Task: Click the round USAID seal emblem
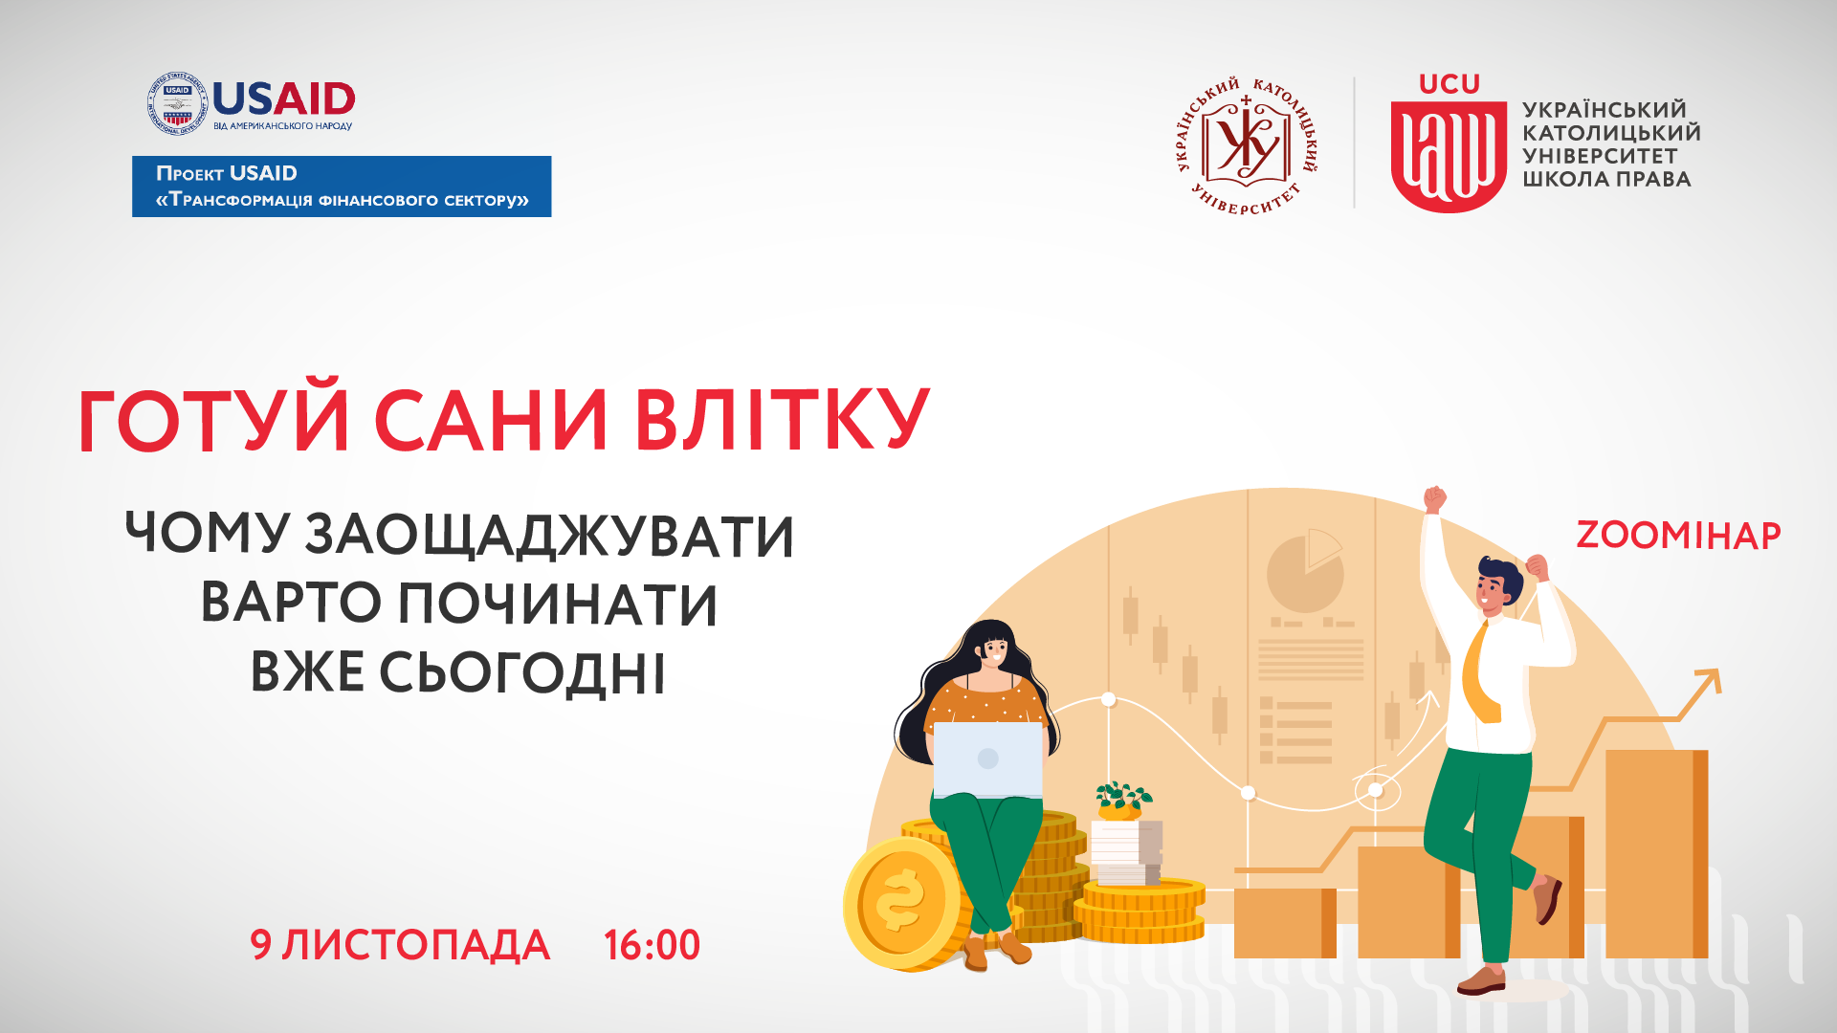click(x=177, y=102)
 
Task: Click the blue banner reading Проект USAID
click(x=342, y=187)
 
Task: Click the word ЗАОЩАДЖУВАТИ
click(x=549, y=536)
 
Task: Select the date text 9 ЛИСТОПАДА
click(x=400, y=945)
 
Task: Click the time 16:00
click(x=652, y=945)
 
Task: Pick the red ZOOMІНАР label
click(x=1678, y=536)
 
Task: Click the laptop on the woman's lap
click(x=987, y=759)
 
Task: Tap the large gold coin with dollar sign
click(x=903, y=902)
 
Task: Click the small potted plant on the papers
click(x=1122, y=802)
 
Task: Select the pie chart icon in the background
click(x=1305, y=571)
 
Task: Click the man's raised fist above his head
click(x=1434, y=499)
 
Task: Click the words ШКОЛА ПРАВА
click(x=1606, y=179)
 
